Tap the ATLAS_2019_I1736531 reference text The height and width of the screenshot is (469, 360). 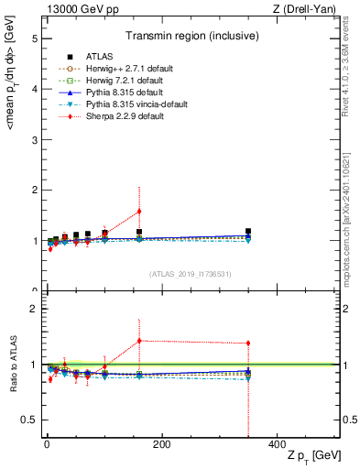191,274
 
